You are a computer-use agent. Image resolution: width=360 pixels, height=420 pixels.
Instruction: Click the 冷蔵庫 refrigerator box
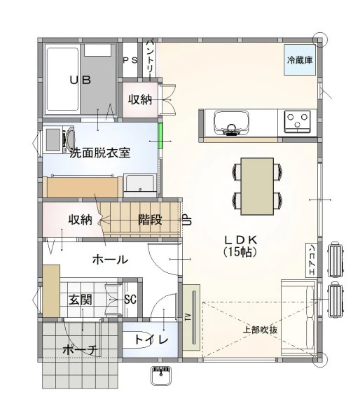coord(300,59)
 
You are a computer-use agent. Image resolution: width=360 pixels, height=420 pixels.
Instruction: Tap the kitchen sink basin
coord(232,122)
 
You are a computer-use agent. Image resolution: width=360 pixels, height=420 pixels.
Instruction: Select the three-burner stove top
coord(297,122)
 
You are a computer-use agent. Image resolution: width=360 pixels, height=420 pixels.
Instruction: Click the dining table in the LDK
coord(257,186)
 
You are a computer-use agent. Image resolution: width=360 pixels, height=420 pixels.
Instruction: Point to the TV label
coord(188,317)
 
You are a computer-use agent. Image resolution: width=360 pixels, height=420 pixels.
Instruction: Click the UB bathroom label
coord(81,80)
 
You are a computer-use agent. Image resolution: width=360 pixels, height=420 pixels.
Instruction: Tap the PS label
coord(130,60)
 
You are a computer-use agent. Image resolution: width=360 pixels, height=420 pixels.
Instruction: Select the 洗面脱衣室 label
coord(100,153)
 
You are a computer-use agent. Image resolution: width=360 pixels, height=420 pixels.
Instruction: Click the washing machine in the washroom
coord(60,139)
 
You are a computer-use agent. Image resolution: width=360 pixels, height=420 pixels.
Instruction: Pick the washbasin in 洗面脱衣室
coord(140,185)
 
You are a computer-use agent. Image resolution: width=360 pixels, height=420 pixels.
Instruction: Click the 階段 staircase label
coord(150,220)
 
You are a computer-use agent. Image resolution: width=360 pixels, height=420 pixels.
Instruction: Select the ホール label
coord(110,260)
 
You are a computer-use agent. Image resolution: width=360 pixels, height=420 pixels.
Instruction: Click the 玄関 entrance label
coord(81,300)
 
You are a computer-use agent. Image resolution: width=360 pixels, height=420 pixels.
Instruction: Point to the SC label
coord(130,299)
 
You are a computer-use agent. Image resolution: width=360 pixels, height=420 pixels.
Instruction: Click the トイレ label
coord(151,339)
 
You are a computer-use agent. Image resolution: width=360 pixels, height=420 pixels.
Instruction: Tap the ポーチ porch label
coord(81,350)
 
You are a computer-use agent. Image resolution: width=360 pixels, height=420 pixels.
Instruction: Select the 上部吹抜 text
coord(260,330)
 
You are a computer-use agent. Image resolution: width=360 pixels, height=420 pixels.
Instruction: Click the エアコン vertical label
coord(312,260)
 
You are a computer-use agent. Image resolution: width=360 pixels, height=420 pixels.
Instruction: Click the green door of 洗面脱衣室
coord(160,136)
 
